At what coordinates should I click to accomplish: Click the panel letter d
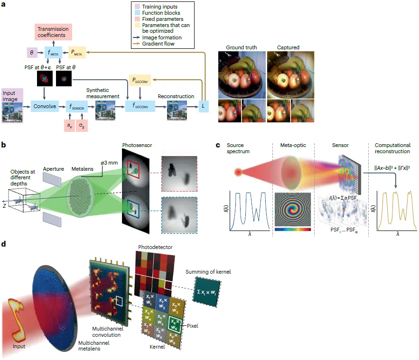tap(4, 244)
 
